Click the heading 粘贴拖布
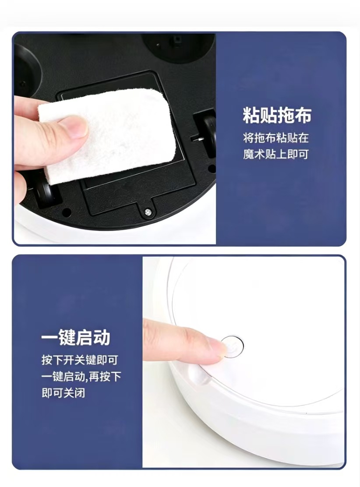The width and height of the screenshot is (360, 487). click(x=277, y=115)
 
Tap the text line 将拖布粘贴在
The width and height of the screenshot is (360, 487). click(x=276, y=138)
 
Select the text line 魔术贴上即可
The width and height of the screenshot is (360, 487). click(x=276, y=154)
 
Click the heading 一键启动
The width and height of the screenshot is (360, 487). click(x=76, y=337)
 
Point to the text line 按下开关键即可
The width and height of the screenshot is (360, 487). click(x=80, y=360)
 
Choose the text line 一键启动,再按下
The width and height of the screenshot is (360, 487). click(x=81, y=377)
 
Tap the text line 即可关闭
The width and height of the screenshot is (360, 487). click(x=64, y=393)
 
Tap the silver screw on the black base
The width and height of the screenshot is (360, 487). click(x=148, y=212)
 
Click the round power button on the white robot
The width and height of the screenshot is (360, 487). click(x=233, y=346)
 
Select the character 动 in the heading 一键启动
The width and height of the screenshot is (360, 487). click(x=102, y=337)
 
